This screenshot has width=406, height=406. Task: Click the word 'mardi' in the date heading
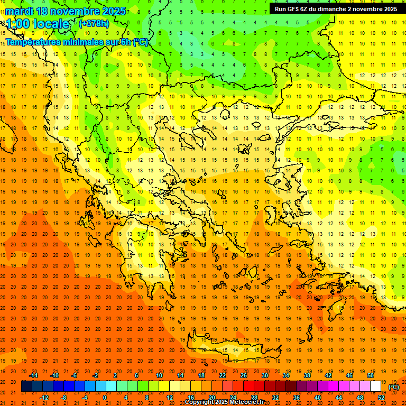19,11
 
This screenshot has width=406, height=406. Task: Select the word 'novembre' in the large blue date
76,11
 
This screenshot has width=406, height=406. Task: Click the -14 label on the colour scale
33,375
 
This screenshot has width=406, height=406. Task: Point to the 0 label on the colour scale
105,397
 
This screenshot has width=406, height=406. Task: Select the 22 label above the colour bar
223,375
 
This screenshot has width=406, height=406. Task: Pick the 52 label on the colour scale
381,397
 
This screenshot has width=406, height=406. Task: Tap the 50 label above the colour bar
370,375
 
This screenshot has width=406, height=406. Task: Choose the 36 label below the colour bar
297,397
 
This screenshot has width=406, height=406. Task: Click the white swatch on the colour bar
375,386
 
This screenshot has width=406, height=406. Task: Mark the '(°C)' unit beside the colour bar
394,386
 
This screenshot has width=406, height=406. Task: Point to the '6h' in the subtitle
126,42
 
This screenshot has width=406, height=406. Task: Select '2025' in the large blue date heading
114,11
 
